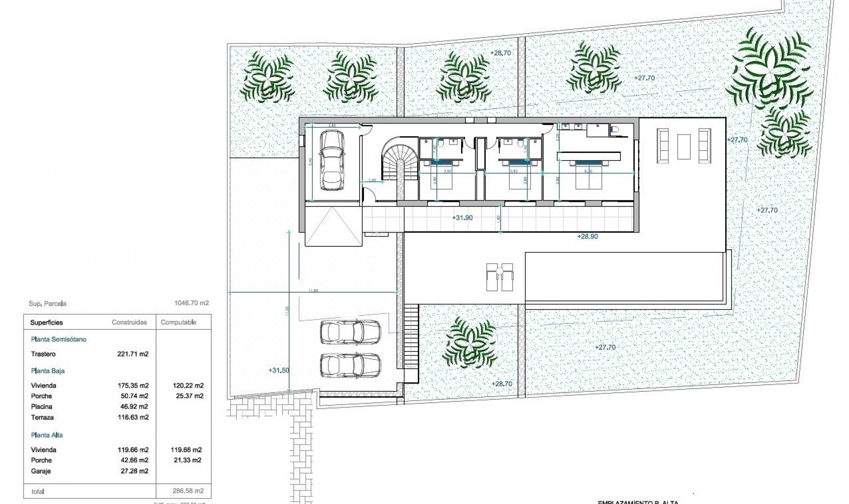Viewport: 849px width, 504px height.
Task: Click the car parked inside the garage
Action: pyautogui.click(x=331, y=160)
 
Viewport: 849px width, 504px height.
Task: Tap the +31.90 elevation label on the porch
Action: pyautogui.click(x=462, y=218)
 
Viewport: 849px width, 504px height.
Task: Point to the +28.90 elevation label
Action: pyautogui.click(x=587, y=237)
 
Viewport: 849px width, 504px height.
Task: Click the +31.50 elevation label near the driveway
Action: pyautogui.click(x=279, y=370)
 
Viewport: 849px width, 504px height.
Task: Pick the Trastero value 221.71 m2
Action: pyautogui.click(x=133, y=354)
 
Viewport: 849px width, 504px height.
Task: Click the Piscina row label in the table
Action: pyautogui.click(x=42, y=407)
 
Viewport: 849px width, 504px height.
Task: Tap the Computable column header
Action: pyautogui.click(x=179, y=322)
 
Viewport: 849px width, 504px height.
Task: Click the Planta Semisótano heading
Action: pyautogui.click(x=58, y=340)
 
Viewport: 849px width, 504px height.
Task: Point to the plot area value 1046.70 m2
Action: pyautogui.click(x=191, y=303)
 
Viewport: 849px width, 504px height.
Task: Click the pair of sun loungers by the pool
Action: pyautogui.click(x=500, y=277)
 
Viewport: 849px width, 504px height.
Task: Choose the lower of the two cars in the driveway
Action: pyautogui.click(x=350, y=365)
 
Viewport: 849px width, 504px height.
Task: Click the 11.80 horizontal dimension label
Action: pyautogui.click(x=313, y=290)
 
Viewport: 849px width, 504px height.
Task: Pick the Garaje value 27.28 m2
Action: pyautogui.click(x=133, y=471)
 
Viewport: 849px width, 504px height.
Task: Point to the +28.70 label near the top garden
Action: pyautogui.click(x=501, y=53)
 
